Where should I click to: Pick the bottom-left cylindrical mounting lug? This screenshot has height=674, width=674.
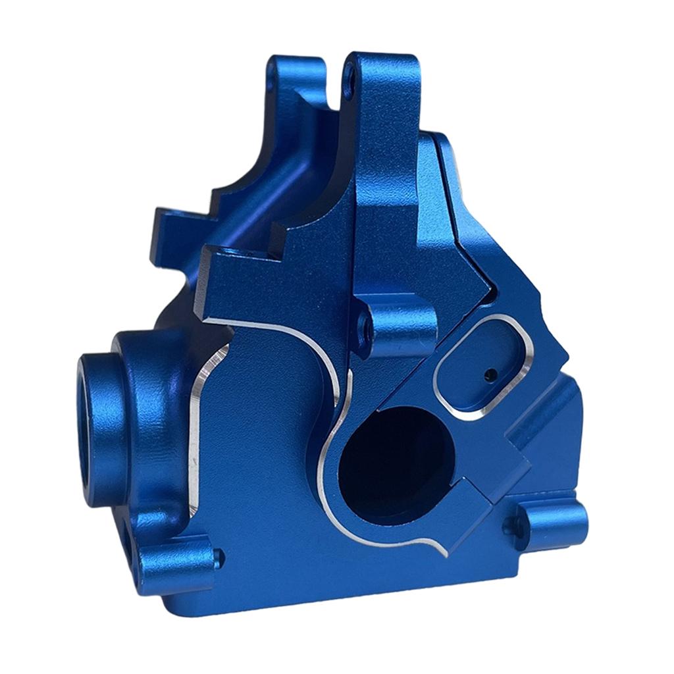coord(181,559)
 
